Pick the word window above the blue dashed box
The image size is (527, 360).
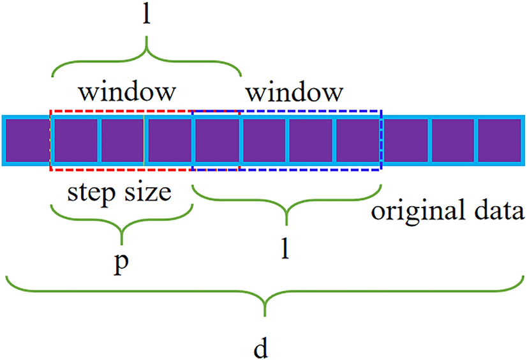coord(293,92)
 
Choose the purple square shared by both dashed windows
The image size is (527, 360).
coord(216,140)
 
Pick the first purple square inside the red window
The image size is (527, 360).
coord(75,140)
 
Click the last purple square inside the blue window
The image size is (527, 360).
coord(358,140)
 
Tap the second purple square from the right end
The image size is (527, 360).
coord(452,140)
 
